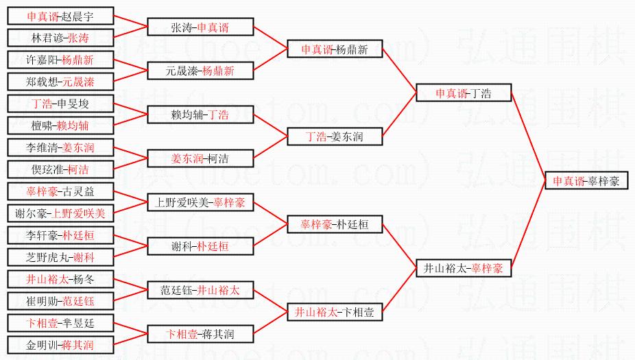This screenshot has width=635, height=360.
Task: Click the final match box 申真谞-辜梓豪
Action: point(586,181)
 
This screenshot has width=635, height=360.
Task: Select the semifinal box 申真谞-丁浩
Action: point(464,93)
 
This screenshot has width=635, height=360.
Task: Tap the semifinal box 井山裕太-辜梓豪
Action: point(464,269)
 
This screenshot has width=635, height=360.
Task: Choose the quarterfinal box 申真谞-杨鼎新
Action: point(335,49)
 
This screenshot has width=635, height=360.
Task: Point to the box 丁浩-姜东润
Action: point(335,137)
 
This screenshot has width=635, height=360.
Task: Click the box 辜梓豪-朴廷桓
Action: point(335,224)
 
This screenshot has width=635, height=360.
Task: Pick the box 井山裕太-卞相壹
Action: point(335,312)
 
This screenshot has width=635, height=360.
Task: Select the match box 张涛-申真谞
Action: point(200,27)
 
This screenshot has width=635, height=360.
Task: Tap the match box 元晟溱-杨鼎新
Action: point(200,71)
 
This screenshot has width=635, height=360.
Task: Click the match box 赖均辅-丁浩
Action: point(200,115)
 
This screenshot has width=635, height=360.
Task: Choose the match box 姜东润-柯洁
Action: point(200,158)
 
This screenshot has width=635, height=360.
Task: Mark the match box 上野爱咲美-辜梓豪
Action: point(200,202)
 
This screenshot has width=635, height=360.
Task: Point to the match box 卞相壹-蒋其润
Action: point(200,334)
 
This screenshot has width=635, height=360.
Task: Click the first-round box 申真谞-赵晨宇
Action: point(60,16)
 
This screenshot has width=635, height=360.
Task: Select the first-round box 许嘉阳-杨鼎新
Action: point(60,60)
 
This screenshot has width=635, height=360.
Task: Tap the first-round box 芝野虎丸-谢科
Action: point(60,257)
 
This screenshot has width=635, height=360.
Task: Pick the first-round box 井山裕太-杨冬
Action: point(60,279)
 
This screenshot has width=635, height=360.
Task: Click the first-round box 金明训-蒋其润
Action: point(60,345)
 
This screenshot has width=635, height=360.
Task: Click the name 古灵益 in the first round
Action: point(76,191)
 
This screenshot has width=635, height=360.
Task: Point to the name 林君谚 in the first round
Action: point(45,38)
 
